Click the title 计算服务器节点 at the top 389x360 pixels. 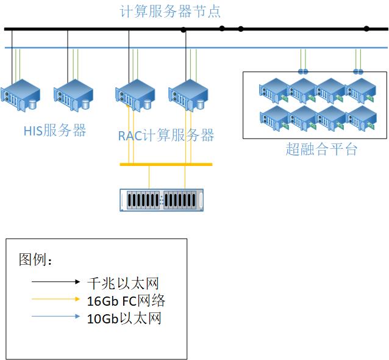[170, 11]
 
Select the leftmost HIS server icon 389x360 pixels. [21, 95]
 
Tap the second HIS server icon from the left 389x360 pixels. [74, 95]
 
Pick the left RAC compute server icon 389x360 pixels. [135, 95]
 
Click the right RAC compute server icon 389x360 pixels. [188, 95]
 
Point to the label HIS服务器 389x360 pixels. [55, 130]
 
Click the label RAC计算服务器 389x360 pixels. [166, 135]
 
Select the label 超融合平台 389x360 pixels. [321, 149]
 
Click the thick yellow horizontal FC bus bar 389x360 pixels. [166, 164]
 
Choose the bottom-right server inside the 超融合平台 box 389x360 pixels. [362, 117]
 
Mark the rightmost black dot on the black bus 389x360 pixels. [366, 29]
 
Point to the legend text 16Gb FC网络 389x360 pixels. [126, 300]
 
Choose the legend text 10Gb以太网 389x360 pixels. [124, 318]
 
